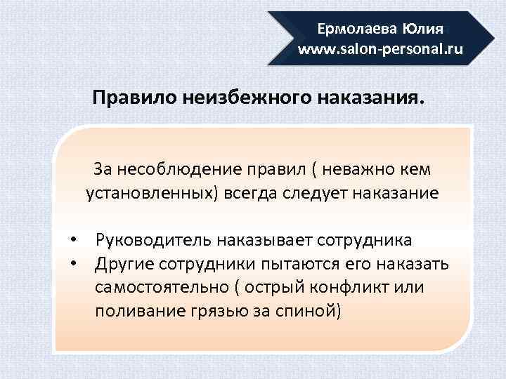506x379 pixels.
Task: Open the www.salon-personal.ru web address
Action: click(380, 50)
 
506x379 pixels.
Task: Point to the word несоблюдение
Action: click(177, 169)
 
